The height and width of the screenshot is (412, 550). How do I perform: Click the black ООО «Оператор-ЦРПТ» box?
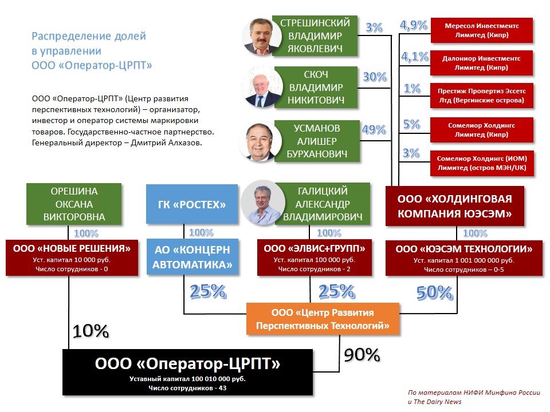pos(187,371)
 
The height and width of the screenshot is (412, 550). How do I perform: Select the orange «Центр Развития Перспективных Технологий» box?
pos(323,319)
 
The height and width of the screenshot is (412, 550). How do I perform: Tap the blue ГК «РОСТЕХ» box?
pos(191,204)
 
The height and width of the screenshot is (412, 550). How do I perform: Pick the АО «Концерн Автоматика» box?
pos(191,257)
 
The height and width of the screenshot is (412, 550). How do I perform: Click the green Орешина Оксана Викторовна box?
pos(74,204)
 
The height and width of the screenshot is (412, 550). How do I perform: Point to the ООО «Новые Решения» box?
pos(72,257)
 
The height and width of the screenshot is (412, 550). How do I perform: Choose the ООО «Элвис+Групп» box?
pos(314,257)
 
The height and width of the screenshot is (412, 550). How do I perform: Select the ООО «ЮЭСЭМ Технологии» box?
pos(464,257)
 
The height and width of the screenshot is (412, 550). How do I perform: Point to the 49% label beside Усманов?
pos(374,130)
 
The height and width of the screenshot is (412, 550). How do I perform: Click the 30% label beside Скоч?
pos(374,77)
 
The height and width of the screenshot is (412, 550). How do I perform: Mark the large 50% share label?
pos(434,292)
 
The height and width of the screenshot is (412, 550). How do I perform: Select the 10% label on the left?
pos(90,331)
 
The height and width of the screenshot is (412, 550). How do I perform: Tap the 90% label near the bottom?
pos(362,355)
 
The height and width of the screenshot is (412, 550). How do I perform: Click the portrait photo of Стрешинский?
pos(261,36)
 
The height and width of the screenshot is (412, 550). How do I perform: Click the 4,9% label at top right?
pos(414,25)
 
